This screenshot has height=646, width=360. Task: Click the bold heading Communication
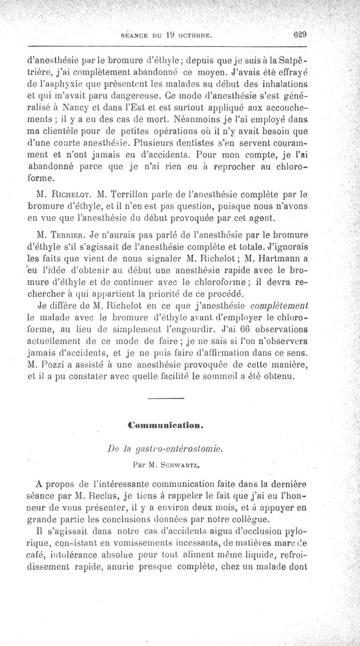166,424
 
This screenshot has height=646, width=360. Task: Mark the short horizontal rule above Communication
166,399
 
